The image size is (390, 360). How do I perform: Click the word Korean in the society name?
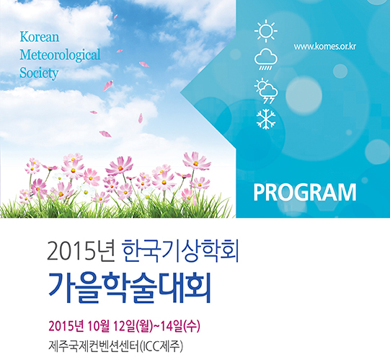coord(40,37)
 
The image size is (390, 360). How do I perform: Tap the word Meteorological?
coord(60,55)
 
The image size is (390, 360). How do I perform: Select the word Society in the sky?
coord(39,73)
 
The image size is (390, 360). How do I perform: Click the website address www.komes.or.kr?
coord(325,47)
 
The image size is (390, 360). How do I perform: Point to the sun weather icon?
coord(266,31)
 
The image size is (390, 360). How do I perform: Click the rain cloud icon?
coord(266,59)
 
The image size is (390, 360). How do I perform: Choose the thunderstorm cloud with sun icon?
coord(266,91)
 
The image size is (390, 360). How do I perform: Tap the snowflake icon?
coord(266,119)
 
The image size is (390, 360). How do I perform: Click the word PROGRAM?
coord(305,193)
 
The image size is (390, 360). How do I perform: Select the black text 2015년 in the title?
coord(80,251)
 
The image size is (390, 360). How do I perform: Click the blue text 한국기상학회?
coord(180,251)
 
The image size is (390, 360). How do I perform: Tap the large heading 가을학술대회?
coord(129,288)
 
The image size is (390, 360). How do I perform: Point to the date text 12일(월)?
coord(133,326)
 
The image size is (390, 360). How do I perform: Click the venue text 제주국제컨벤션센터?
coord(93,346)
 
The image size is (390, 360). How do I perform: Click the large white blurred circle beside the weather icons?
coord(303,95)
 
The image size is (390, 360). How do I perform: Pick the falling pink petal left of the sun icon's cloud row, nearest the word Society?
coord(107,86)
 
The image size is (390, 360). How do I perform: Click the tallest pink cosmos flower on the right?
coord(197,162)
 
